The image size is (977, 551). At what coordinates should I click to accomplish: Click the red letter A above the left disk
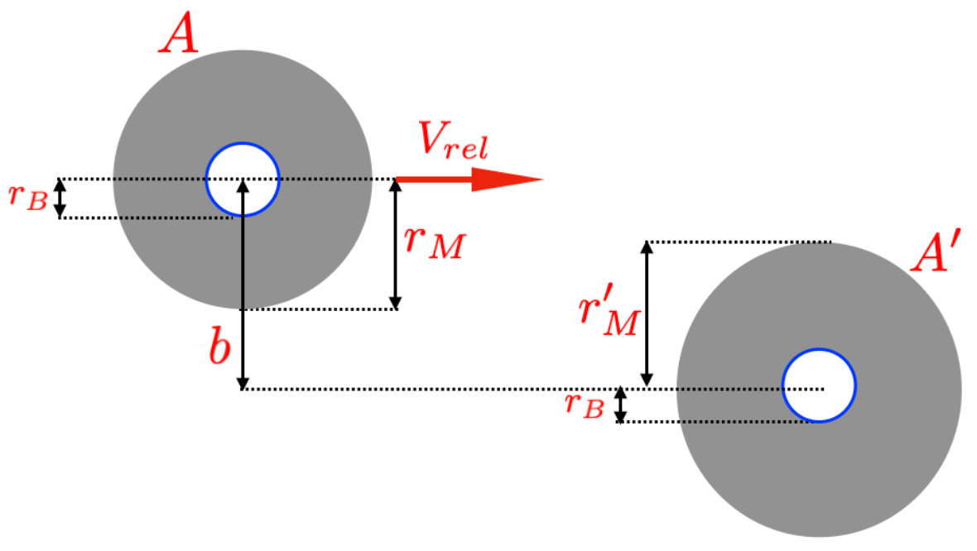tap(179, 35)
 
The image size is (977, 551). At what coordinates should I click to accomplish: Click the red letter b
tap(219, 347)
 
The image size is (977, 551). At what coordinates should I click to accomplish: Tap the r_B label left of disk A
tap(27, 199)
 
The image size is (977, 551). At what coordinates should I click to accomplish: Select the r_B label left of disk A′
tap(584, 405)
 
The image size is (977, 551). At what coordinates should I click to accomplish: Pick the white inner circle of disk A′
tap(819, 386)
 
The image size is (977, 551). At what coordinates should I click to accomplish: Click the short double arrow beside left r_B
tap(60, 199)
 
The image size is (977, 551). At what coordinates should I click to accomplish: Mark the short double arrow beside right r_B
tap(620, 405)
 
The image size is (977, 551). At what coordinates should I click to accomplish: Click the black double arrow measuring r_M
tap(396, 244)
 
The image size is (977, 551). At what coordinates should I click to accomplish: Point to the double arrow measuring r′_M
tap(647, 314)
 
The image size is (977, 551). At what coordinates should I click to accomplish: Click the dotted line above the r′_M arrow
tap(737, 242)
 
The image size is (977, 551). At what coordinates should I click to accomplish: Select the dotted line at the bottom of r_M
tap(319, 309)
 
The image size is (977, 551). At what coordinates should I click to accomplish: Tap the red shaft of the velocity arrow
tap(434, 179)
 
